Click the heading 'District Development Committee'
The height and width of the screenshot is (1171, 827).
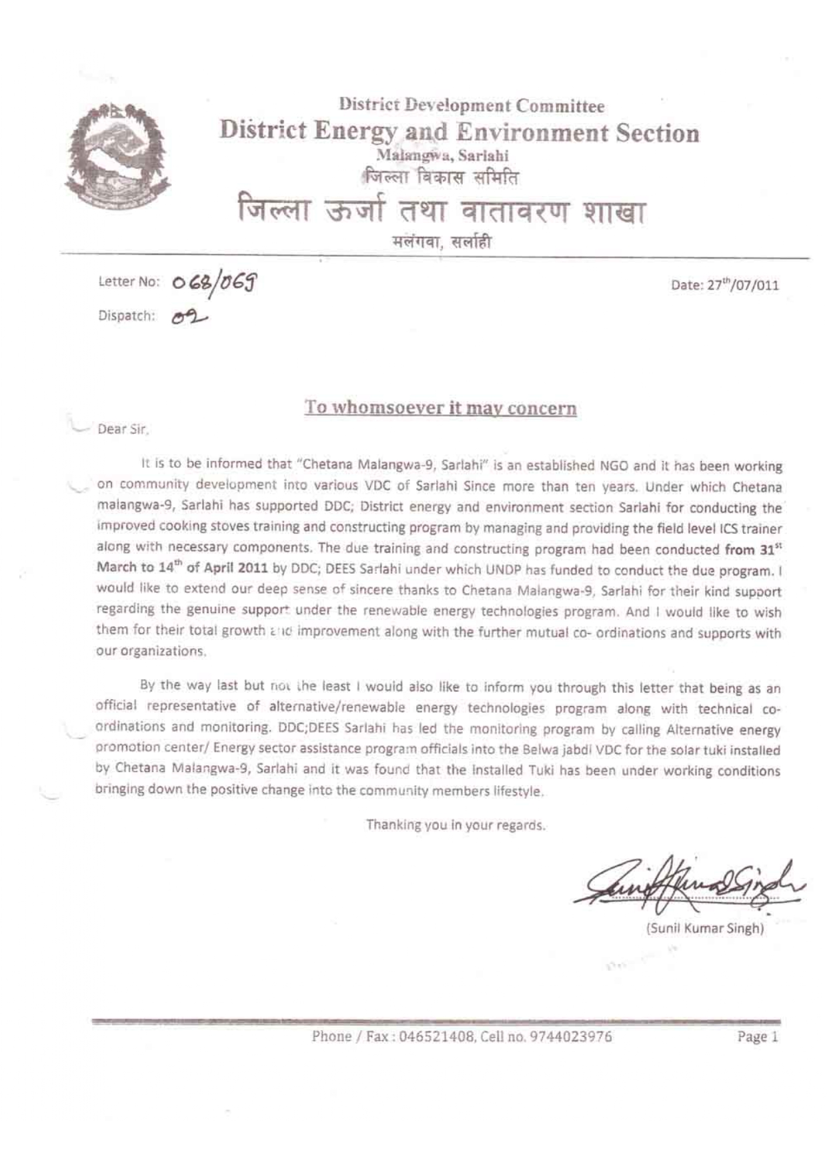472,105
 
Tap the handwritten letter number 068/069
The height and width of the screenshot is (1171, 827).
215,282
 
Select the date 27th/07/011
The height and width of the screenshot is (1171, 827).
725,286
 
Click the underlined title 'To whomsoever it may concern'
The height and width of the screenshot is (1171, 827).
440,408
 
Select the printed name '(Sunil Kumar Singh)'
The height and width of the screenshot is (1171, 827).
704,928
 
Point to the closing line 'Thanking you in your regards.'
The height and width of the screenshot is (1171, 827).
456,825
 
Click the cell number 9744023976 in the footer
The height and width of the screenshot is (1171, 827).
570,1036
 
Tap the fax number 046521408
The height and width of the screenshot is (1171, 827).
436,1036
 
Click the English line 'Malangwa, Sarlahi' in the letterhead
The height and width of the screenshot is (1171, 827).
442,155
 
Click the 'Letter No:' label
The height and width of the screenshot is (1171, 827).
129,282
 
